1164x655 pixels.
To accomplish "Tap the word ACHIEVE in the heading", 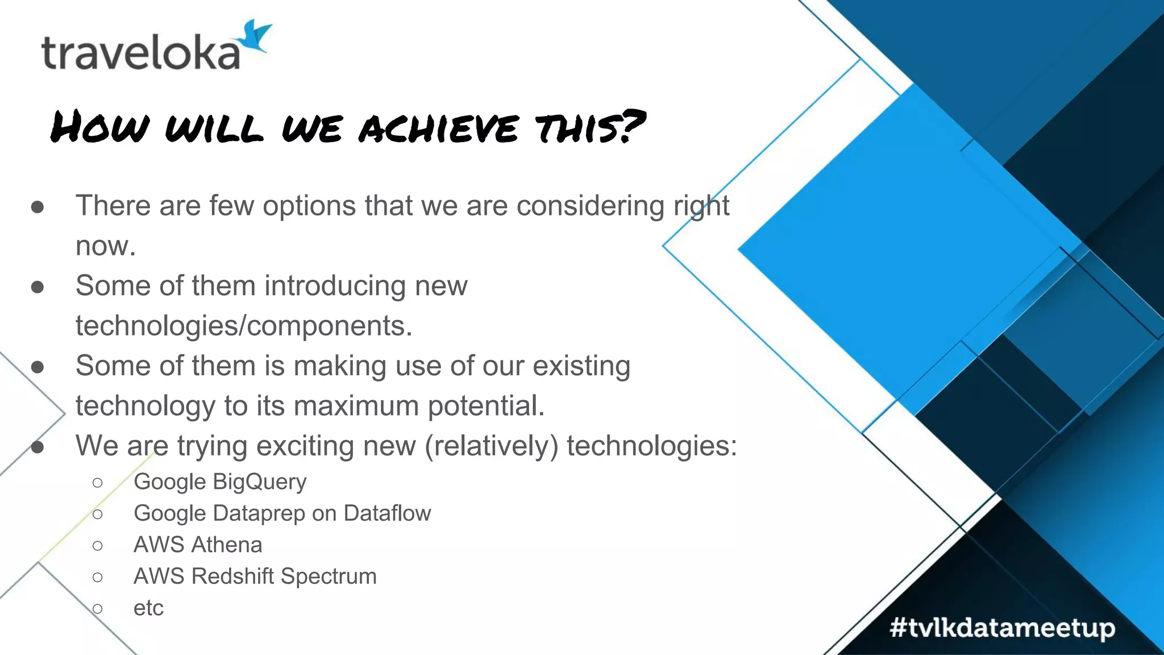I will [438, 128].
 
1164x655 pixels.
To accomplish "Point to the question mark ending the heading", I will [631, 126].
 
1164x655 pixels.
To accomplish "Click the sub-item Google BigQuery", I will [220, 482].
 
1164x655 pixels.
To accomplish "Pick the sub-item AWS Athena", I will [198, 545].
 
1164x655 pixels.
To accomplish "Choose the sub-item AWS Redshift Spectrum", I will [255, 577].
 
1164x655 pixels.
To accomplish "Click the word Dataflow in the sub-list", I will [387, 513].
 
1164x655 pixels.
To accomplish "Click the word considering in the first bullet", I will [590, 206].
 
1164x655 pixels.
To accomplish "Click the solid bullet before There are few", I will [38, 208].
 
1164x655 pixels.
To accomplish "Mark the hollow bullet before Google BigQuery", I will [97, 483].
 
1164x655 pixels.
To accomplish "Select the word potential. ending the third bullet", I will [486, 406].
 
